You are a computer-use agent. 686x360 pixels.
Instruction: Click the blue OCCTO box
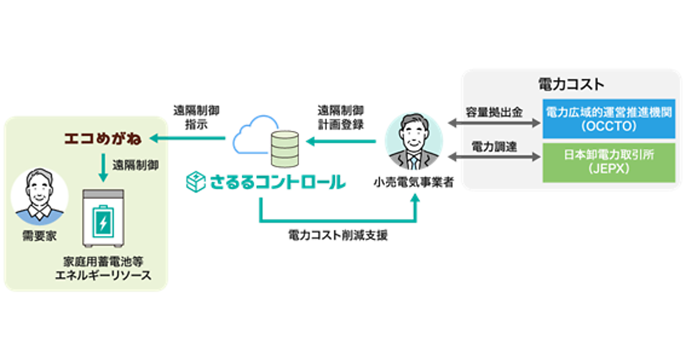[x=608, y=118]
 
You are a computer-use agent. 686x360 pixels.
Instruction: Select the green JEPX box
[x=608, y=163]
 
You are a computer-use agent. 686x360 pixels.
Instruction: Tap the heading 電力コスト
[x=571, y=85]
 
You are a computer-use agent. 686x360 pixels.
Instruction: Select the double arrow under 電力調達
[x=494, y=157]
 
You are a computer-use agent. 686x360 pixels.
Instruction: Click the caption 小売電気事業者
[x=413, y=184]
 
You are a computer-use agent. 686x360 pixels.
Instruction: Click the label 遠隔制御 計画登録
[x=341, y=116]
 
